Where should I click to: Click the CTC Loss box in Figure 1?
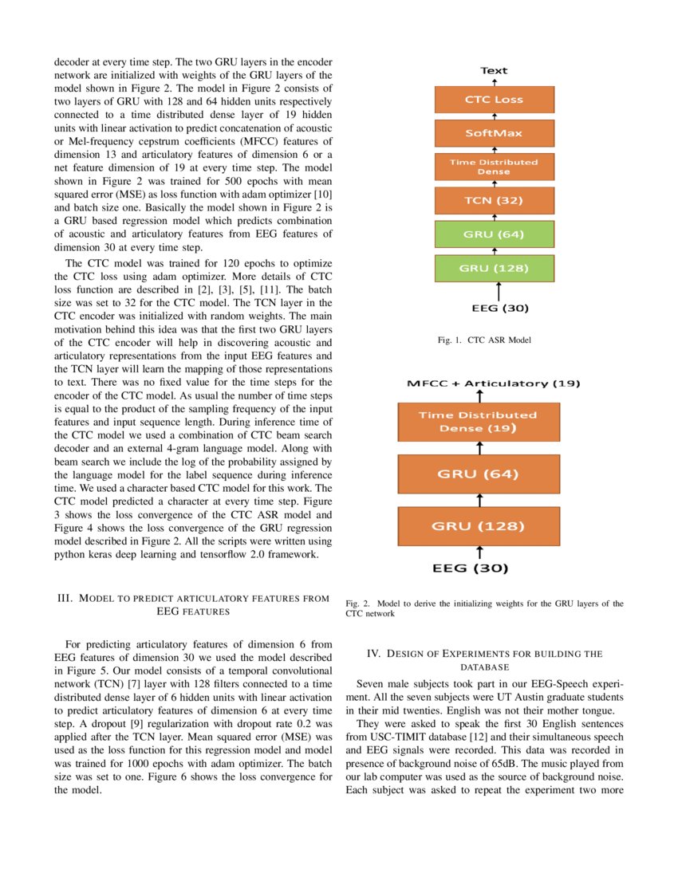coord(494,100)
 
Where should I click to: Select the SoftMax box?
coord(494,133)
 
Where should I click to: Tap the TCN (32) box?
coord(494,200)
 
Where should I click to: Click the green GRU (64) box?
coord(494,234)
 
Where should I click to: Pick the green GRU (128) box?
coord(494,267)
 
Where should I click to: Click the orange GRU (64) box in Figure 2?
coord(479,474)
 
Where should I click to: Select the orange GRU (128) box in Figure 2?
coord(479,526)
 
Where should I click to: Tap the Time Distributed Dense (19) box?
coord(479,422)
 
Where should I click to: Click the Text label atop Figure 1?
coord(494,71)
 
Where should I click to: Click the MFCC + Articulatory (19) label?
coord(493,383)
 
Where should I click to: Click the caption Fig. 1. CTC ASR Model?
coord(484,340)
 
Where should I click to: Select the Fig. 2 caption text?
coord(484,609)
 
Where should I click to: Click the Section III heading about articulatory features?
coord(192,605)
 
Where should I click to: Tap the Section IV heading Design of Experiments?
coord(484,659)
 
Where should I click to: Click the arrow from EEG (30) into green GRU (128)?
coord(499,291)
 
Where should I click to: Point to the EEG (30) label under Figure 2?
coord(471,568)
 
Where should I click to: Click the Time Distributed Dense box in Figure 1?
coord(494,167)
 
